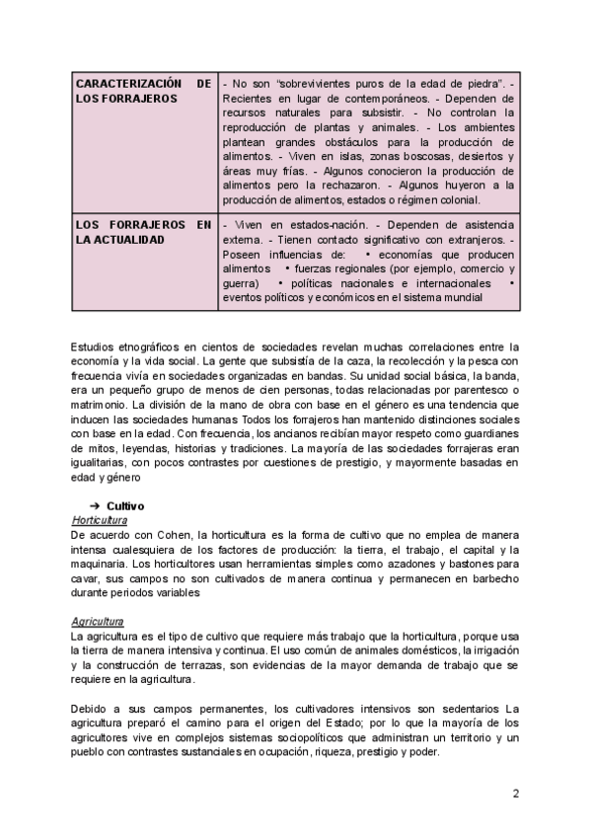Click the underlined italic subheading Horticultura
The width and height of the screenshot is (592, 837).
coord(100,519)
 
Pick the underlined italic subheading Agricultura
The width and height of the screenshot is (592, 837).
coord(97,622)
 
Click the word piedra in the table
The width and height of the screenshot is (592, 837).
coord(473,84)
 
